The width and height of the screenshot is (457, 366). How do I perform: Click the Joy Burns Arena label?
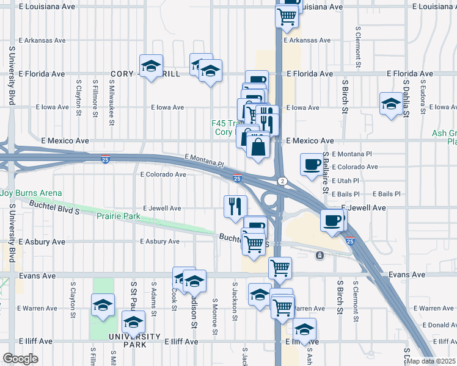[31, 193]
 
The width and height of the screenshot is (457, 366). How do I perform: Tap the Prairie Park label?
[121, 216]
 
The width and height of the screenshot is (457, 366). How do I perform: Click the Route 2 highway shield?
[282, 181]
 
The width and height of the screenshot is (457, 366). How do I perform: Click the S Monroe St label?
[214, 317]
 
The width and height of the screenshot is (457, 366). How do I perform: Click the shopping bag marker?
[258, 147]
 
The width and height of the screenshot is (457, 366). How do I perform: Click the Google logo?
[21, 358]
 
